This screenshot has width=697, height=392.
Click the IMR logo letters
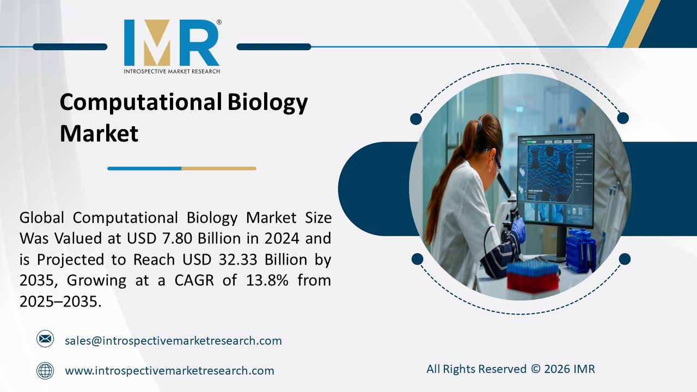click(171, 43)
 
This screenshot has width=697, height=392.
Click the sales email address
click(173, 341)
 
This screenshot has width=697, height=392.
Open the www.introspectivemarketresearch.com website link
click(169, 371)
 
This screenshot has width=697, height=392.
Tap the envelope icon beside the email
click(45, 339)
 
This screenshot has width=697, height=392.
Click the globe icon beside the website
click(45, 371)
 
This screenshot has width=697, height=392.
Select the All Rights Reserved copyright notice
click(510, 369)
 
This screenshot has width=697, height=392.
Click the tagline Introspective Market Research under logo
click(172, 71)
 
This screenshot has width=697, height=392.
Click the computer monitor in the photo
click(555, 180)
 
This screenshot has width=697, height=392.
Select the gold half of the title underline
click(218, 168)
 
